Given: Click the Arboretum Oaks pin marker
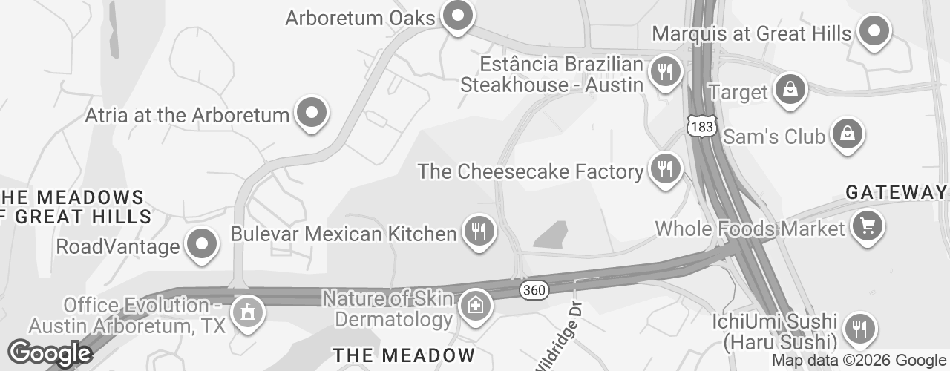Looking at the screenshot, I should (x=457, y=16).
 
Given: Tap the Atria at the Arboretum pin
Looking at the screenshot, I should (x=312, y=114).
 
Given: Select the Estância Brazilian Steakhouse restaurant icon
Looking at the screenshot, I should (x=665, y=72).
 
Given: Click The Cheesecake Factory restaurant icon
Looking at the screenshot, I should (x=665, y=169).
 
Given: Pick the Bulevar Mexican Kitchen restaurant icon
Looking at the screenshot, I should (x=479, y=232).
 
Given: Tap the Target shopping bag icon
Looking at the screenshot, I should (x=791, y=89).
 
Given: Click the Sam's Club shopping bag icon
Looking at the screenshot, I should (x=846, y=135).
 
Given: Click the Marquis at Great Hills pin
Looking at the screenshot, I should (x=874, y=31).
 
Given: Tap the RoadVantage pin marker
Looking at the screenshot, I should (x=201, y=244).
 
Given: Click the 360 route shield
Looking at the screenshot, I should (x=534, y=290).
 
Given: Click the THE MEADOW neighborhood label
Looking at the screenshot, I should (x=403, y=355).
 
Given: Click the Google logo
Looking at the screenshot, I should (x=50, y=354).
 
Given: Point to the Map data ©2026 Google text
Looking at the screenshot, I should (x=859, y=361).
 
